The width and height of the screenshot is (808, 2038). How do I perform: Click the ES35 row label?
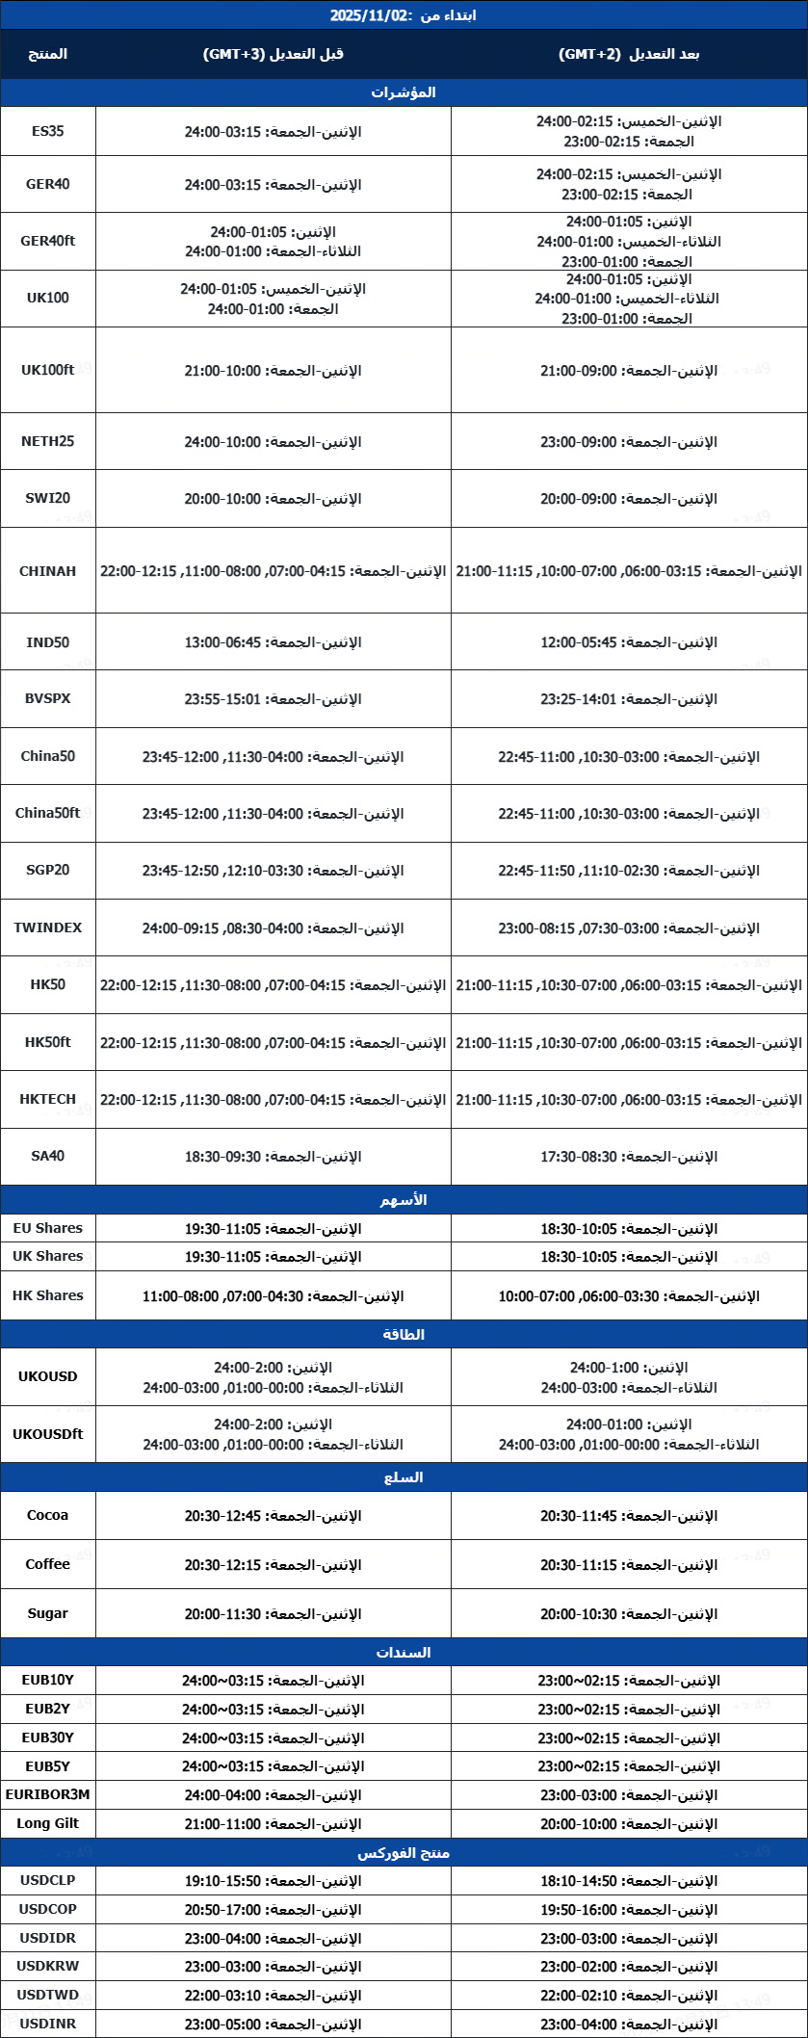point(47,131)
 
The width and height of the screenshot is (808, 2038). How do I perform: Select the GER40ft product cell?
point(47,241)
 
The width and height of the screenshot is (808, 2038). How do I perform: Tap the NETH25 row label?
point(47,441)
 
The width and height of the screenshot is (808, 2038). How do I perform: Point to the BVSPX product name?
point(47,698)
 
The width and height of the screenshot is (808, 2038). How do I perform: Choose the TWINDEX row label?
point(47,928)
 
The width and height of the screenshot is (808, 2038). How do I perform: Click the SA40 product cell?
point(47,1156)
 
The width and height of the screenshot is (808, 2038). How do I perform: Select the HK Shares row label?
point(47,1295)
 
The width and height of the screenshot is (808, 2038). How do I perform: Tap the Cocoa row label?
point(47,1515)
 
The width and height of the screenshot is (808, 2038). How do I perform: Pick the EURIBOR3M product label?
point(47,1794)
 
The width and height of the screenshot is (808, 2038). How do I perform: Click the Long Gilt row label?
point(47,1823)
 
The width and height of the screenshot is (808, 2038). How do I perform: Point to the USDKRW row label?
point(47,1966)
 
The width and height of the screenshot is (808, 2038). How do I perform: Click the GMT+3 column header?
point(274,54)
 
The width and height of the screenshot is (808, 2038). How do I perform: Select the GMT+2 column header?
point(629,54)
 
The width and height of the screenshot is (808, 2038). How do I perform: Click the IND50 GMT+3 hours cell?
point(274,642)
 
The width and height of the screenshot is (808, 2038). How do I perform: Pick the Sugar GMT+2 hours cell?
point(629,1613)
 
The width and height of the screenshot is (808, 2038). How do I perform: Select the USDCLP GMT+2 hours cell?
point(629,1881)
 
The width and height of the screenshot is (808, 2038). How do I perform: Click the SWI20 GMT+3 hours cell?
point(274,499)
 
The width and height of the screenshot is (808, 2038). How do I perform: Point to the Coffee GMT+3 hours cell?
point(274,1564)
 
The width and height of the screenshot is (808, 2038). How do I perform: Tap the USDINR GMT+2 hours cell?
point(629,2024)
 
